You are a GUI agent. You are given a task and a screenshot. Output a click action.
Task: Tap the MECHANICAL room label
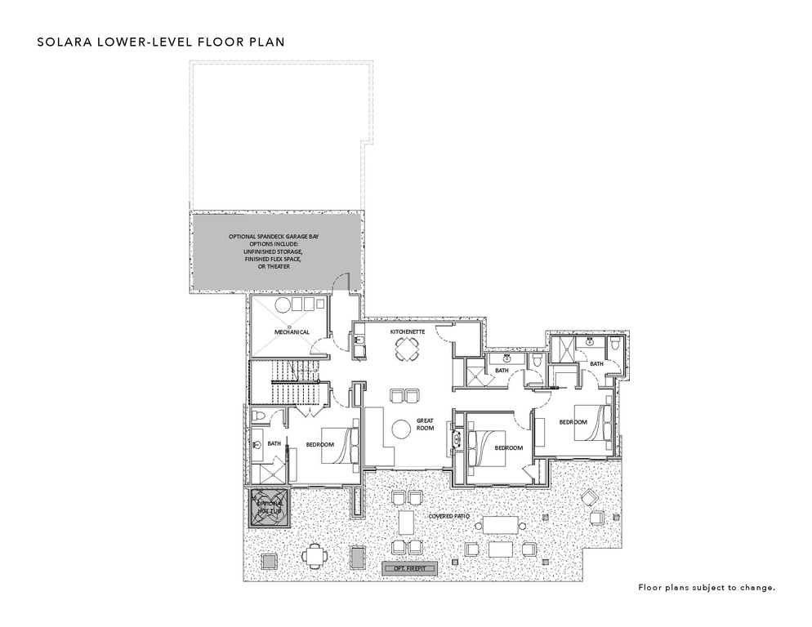[x=291, y=332]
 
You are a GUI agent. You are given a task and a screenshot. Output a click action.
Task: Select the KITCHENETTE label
[x=407, y=331]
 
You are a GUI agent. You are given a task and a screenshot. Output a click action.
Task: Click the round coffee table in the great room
[x=400, y=429]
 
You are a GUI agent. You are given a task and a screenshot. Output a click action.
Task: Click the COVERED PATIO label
[x=448, y=517]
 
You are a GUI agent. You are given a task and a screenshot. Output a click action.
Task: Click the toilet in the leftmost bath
[x=258, y=416]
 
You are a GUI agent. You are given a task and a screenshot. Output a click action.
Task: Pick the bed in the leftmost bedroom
[x=341, y=444]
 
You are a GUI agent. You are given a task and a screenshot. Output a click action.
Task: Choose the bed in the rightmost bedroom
[x=593, y=422]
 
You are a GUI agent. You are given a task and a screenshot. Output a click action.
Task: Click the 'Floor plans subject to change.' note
[x=706, y=586]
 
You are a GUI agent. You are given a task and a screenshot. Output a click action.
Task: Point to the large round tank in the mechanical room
[x=283, y=305]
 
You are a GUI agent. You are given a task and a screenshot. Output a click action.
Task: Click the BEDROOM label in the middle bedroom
[x=507, y=448]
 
